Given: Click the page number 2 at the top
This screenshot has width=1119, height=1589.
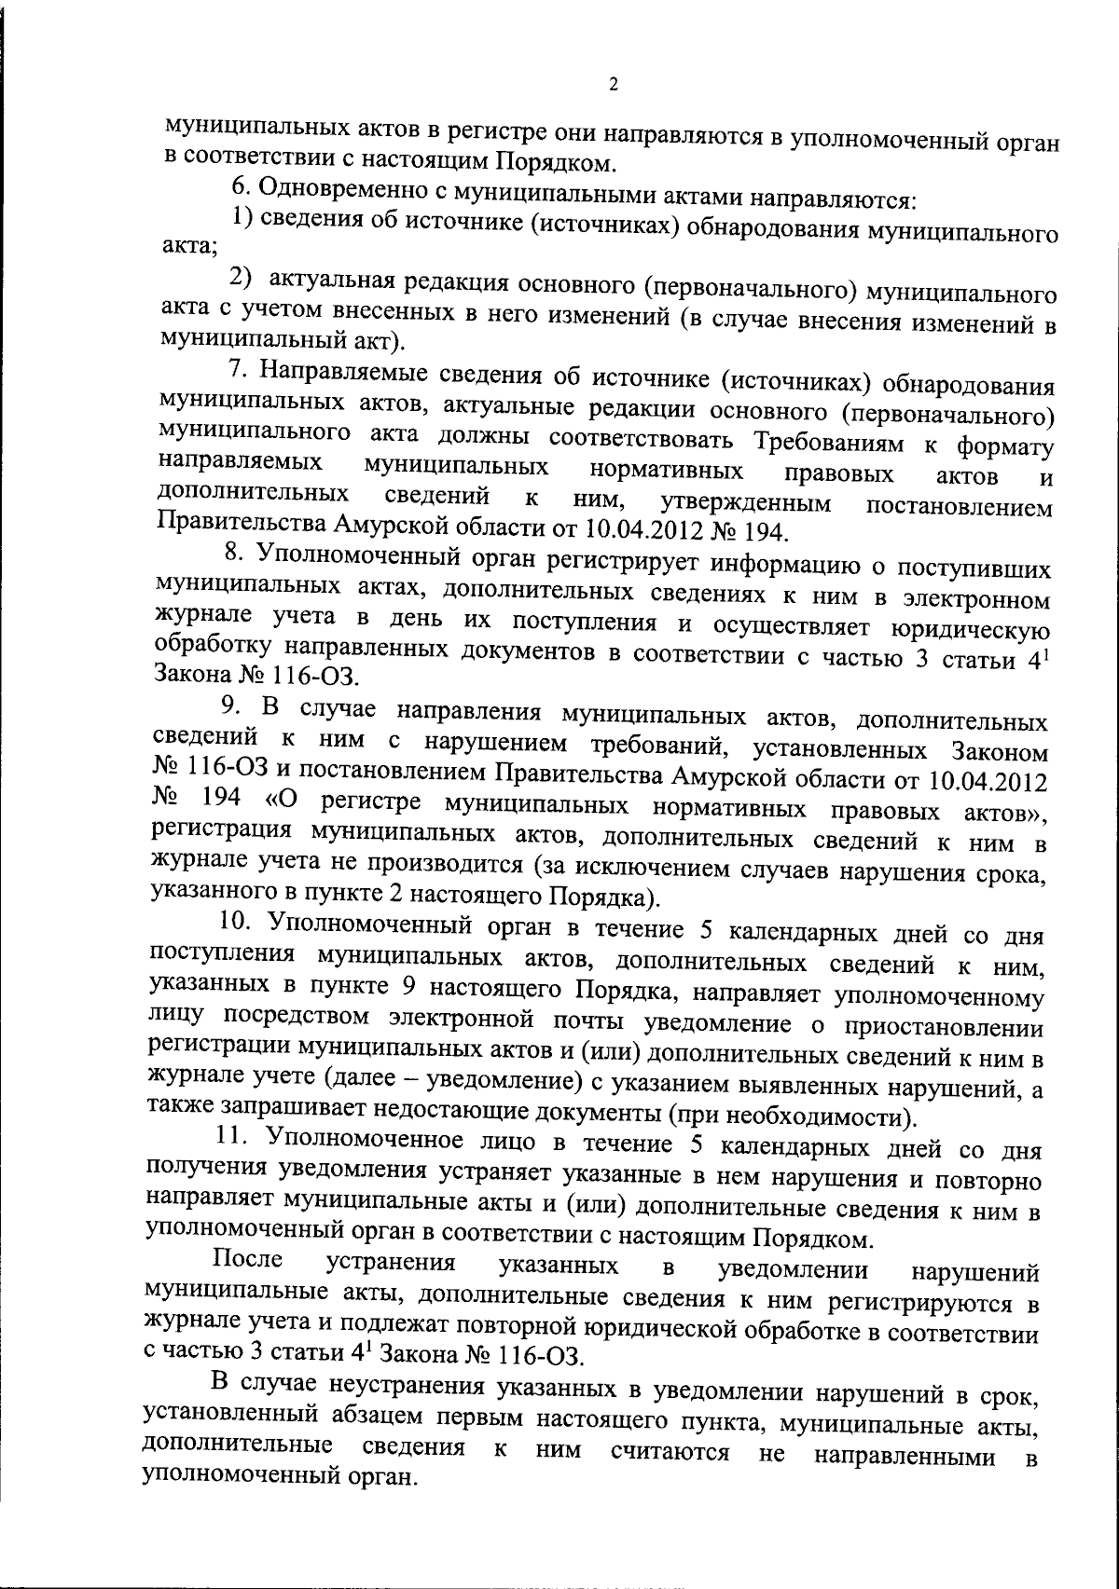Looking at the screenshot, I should click(613, 85).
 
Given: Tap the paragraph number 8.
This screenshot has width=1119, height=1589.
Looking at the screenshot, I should click(234, 554).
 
